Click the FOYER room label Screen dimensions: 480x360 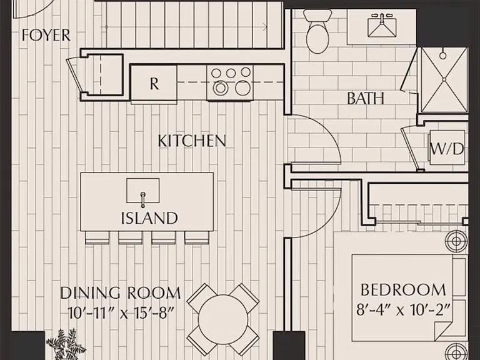[x=46, y=35]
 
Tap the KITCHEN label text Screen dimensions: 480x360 [x=192, y=141]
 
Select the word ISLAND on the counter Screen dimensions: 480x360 [x=149, y=218]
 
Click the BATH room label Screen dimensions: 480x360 [x=366, y=99]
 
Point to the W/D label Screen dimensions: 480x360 [x=447, y=149]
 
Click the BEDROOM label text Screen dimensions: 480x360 [x=403, y=290]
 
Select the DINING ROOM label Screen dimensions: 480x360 [x=120, y=293]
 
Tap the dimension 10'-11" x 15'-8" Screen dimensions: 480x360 [x=121, y=313]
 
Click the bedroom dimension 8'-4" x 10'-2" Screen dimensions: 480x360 [x=403, y=309]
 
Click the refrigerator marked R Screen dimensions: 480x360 [x=154, y=82]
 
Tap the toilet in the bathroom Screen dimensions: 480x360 [x=317, y=31]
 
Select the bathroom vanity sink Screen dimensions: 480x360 [x=382, y=27]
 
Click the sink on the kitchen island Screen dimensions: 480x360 [x=143, y=191]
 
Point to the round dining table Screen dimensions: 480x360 [x=223, y=319]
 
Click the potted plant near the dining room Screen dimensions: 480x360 [x=66, y=344]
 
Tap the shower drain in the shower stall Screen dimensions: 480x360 [x=444, y=79]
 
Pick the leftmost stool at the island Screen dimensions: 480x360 [x=97, y=238]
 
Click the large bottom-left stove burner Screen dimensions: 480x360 [x=221, y=88]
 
